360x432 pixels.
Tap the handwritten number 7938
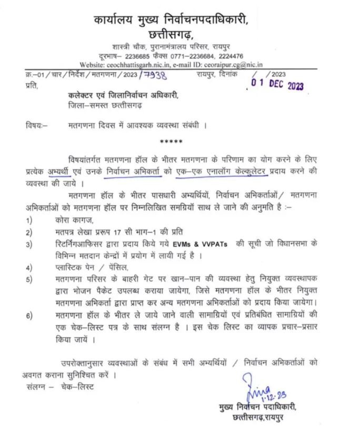pyautogui.click(x=153, y=75)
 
